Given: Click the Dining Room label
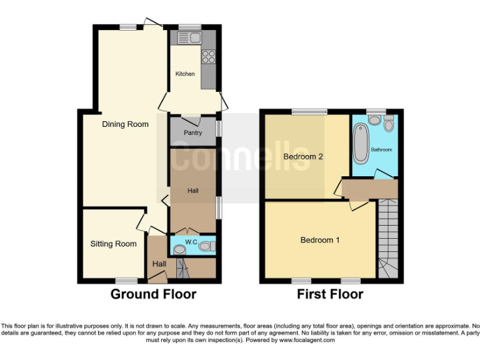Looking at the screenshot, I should coord(126,124).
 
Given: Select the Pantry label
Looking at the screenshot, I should coord(192,133).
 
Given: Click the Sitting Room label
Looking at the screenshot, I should coord(113,244).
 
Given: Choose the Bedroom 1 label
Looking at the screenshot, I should coord(320,240).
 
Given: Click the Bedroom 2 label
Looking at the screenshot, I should coord(303,157).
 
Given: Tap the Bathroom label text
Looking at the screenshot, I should coord(381,150).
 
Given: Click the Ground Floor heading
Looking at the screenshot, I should coord(154,294).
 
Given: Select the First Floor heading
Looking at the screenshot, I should coord(330,294).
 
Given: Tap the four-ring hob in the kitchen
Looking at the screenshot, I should coord(208,57).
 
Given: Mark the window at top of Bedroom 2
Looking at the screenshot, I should coord(309,112).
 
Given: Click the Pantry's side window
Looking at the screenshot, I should coord(218,128).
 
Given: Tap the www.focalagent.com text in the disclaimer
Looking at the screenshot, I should coord(306,341).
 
